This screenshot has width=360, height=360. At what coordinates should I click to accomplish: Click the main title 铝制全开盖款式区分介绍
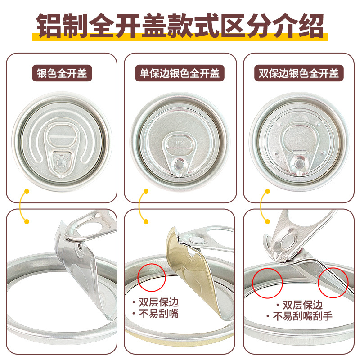pos(180,26)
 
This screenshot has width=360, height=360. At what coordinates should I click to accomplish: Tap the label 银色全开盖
pos(62,73)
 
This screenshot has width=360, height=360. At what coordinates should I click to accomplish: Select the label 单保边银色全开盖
pos(180,73)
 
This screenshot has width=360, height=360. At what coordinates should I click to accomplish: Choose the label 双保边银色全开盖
pos(299,73)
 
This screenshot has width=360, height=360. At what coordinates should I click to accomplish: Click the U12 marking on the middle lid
pos(180,142)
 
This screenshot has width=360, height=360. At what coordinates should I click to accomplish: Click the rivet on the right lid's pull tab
pos(299,164)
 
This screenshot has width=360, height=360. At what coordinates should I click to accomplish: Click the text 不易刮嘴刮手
pos(302,316)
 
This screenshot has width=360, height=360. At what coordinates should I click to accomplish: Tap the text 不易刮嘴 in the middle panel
pos(158,313)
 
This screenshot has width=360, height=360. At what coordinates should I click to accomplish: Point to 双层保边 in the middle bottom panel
pos(158,302)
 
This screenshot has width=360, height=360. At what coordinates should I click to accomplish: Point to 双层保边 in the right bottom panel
pos(302,305)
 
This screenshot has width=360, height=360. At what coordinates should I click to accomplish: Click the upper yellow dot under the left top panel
pos(27,192)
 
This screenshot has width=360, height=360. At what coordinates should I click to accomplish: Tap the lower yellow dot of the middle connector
pos(146,221)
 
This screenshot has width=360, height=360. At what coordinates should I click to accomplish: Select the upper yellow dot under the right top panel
pos(267,192)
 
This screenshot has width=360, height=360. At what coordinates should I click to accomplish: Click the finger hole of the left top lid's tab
pos(62,136)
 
